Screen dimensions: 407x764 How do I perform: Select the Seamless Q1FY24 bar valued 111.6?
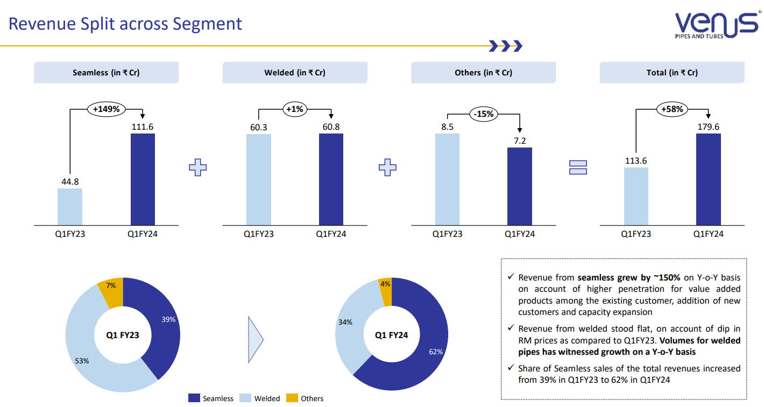143,179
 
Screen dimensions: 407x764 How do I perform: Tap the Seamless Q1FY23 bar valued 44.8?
70,206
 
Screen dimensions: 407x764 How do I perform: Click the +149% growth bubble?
107,109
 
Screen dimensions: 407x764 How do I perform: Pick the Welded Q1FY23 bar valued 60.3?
258,179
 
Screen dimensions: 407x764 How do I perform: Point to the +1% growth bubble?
294,109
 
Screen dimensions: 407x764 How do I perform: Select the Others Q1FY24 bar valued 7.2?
520,186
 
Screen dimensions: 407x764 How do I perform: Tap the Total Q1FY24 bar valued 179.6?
708,179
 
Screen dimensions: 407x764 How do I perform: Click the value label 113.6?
635,160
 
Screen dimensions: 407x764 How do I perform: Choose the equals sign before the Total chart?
578,167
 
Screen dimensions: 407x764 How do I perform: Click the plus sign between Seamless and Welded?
197,167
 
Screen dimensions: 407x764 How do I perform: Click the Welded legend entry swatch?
245,398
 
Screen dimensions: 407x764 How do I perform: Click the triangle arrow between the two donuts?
255,339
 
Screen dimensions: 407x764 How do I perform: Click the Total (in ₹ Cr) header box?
672,73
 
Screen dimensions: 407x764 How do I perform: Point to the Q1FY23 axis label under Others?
447,234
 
